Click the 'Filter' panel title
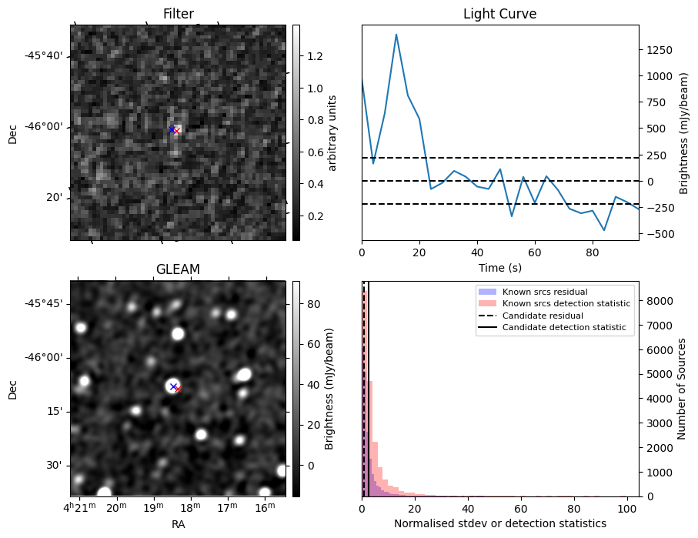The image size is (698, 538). click(178, 14)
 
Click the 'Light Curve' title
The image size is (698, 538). click(499, 14)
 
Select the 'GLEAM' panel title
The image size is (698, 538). click(178, 269)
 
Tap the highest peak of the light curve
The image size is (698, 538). click(396, 35)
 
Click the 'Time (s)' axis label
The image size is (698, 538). click(499, 267)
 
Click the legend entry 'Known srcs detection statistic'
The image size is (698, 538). click(566, 303)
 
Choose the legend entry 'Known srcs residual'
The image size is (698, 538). click(544, 292)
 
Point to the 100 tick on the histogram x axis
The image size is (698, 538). click(627, 509)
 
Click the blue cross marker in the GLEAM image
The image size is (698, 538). click(173, 386)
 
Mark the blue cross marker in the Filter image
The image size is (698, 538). click(172, 129)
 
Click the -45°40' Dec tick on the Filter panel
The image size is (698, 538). click(47, 56)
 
